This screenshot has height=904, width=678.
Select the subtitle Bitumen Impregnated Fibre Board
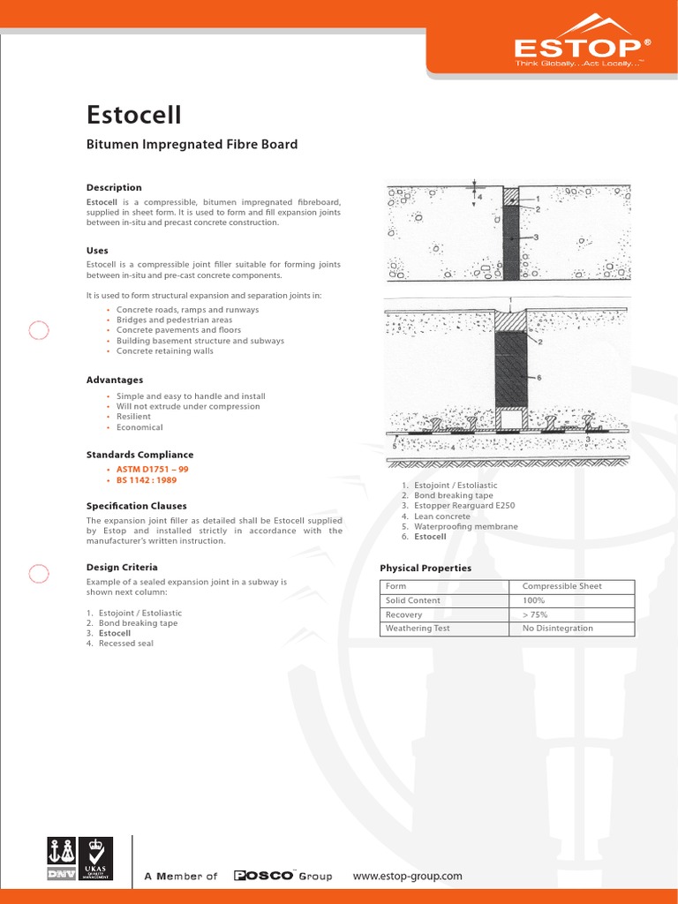tap(192, 144)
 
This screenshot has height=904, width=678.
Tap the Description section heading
tap(114, 187)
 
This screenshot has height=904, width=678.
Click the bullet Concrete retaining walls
tap(165, 350)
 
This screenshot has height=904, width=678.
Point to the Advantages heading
tap(115, 380)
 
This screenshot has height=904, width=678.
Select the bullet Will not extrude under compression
tap(188, 406)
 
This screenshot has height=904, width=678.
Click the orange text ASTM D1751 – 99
tap(153, 470)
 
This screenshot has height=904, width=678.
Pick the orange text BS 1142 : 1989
tap(147, 479)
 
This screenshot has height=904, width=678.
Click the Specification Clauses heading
tap(136, 506)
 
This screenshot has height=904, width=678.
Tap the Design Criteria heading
tap(122, 567)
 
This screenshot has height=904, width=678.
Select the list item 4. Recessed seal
tap(120, 644)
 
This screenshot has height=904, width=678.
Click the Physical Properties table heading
tap(426, 568)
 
